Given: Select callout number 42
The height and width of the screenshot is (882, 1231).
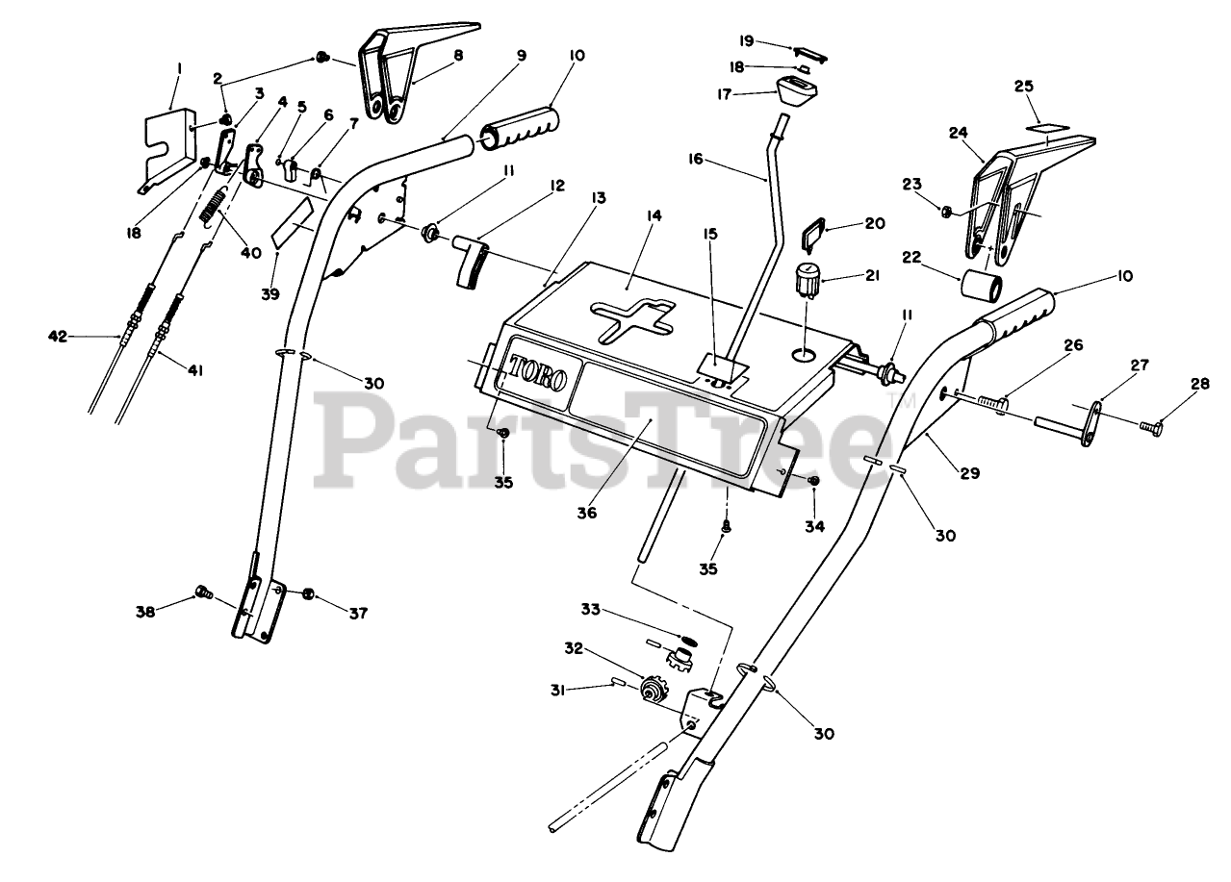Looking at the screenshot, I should [x=58, y=336].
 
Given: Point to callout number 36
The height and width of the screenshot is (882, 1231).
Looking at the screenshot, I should [x=587, y=514].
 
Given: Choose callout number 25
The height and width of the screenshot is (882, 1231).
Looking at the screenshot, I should [x=1024, y=87].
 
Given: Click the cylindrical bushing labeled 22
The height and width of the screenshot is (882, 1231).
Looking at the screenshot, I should [x=980, y=287].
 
